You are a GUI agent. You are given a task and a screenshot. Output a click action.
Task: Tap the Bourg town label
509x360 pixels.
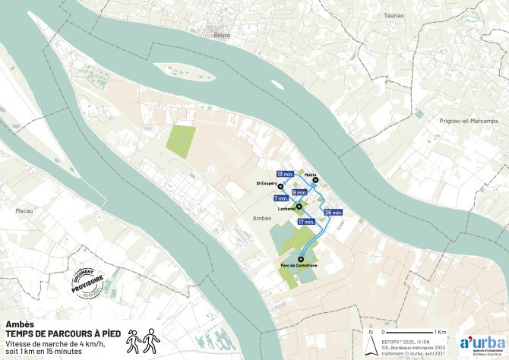click(x=222, y=35)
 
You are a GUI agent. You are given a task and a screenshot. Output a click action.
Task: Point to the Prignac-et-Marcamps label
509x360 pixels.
click(x=468, y=121)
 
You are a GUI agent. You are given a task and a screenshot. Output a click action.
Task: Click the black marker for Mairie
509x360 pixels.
click(x=315, y=180)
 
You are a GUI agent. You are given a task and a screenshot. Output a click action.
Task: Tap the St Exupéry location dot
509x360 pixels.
click(x=280, y=186)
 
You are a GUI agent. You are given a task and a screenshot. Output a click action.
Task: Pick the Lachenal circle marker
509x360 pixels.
click(x=299, y=206)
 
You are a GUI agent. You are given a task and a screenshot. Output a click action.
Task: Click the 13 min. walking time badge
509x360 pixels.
click(x=285, y=174)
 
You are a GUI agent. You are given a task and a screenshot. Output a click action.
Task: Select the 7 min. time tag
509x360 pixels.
click(x=280, y=198)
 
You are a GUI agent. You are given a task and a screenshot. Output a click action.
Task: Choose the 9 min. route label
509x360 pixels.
click(x=299, y=193)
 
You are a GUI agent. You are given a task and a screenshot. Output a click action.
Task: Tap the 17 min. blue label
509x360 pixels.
click(x=306, y=222)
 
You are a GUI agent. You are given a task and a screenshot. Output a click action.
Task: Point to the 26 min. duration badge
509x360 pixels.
click(x=333, y=213)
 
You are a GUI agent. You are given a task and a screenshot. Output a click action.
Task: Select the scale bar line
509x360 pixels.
click(x=410, y=333)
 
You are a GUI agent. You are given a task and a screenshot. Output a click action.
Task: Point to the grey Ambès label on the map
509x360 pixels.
click(x=261, y=218)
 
